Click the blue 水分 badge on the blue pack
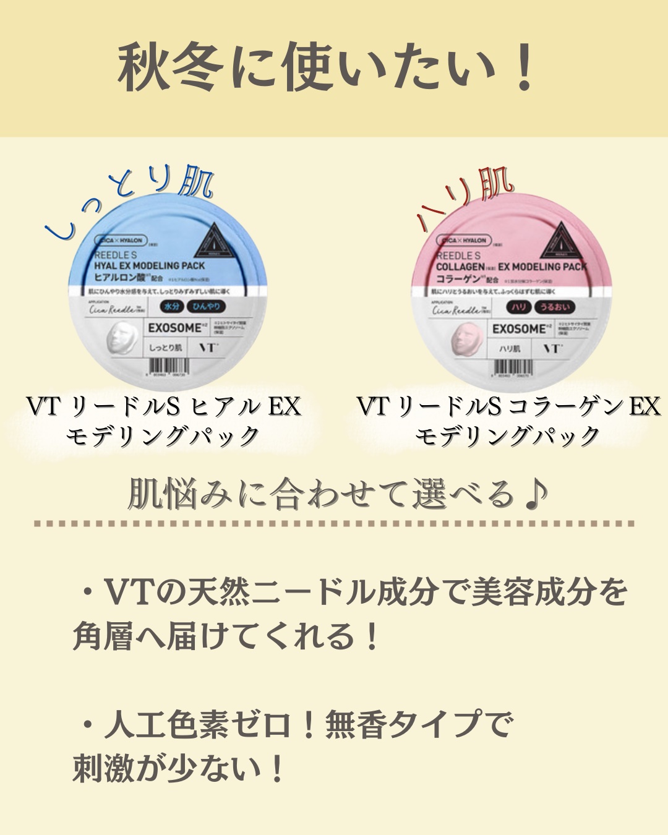click(x=171, y=306)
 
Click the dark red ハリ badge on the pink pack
click(x=518, y=307)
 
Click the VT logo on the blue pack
click(x=208, y=348)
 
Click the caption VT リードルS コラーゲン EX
click(x=508, y=406)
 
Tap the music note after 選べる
click(x=536, y=494)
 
